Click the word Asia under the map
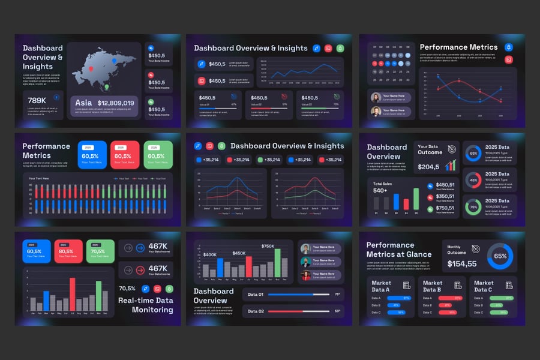(83, 103)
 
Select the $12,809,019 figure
(116, 103)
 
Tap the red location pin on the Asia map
(91, 70)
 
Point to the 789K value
(37, 100)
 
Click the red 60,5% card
(124, 155)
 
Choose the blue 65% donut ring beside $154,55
(500, 256)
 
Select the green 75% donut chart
(473, 207)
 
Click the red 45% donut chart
(473, 179)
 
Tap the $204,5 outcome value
(429, 167)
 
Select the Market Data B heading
(433, 286)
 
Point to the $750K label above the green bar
(268, 246)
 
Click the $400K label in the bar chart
(210, 255)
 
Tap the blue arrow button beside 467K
(140, 247)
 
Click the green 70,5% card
(100, 251)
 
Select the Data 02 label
(256, 311)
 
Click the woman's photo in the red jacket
(305, 275)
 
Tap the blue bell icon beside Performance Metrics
(509, 47)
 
